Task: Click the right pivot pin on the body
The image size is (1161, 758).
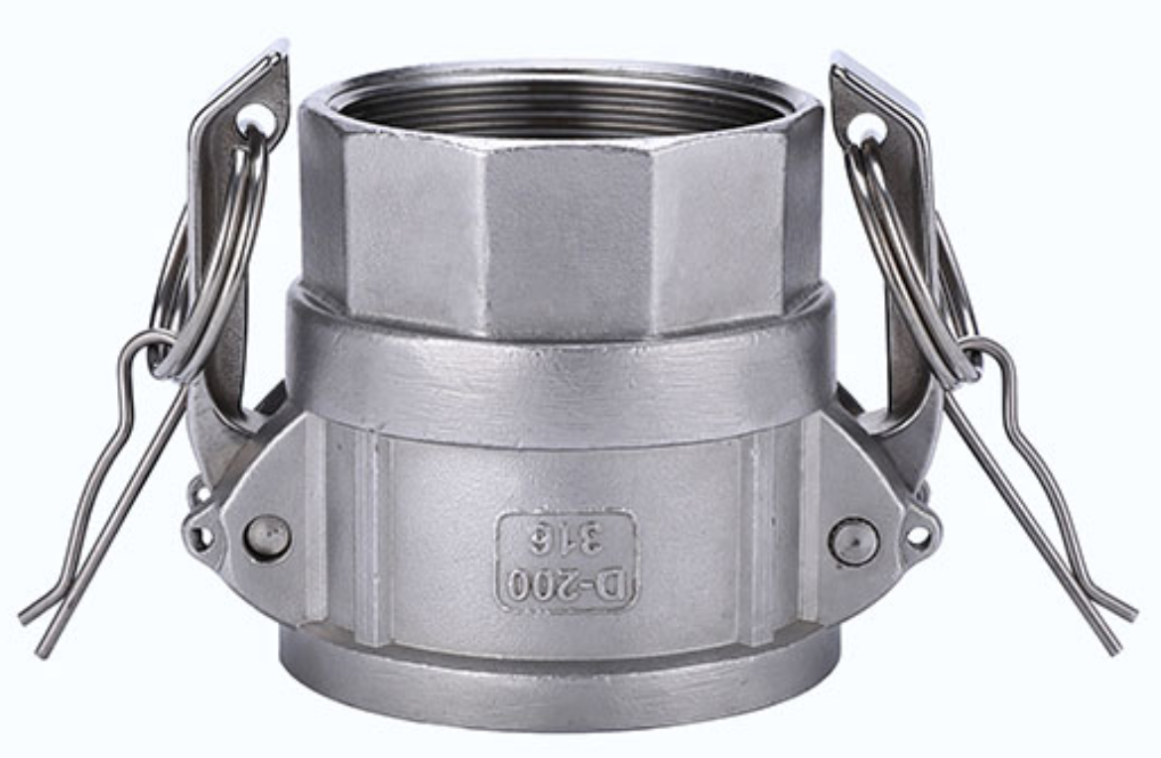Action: pyautogui.click(x=854, y=542)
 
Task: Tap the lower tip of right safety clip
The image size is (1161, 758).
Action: pyautogui.click(x=1116, y=645)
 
